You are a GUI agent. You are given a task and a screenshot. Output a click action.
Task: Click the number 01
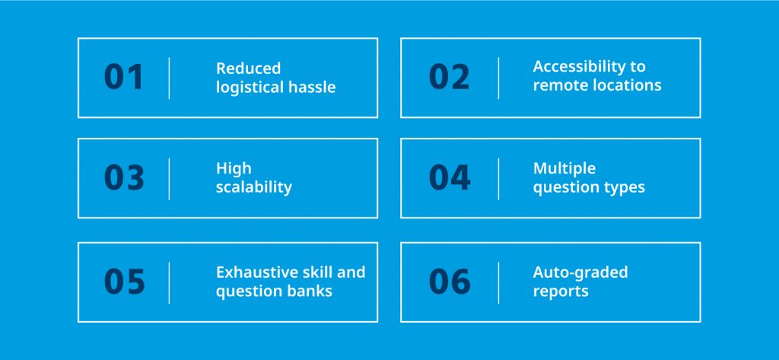pyautogui.click(x=124, y=78)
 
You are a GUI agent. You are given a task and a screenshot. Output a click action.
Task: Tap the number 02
pyautogui.click(x=449, y=78)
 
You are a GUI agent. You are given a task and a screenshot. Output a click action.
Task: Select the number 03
pyautogui.click(x=124, y=177)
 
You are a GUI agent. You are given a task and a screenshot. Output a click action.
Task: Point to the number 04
pyautogui.click(x=449, y=177)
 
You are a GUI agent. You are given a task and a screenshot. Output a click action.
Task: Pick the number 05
pyautogui.click(x=124, y=282)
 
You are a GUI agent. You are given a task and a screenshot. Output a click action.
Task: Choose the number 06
pyautogui.click(x=449, y=282)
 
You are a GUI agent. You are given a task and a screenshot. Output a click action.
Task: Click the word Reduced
pyautogui.click(x=248, y=68)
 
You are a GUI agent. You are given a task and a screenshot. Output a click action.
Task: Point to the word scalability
pyautogui.click(x=253, y=187)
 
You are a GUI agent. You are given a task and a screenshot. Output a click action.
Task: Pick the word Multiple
pyautogui.click(x=564, y=168)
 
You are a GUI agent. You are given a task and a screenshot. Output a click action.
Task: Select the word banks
pyautogui.click(x=307, y=291)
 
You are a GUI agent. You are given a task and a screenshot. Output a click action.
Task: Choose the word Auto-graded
pyautogui.click(x=580, y=272)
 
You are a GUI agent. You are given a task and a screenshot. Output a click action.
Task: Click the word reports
pyautogui.click(x=560, y=291)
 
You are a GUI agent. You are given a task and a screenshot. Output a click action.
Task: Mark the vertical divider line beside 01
pyautogui.click(x=169, y=78)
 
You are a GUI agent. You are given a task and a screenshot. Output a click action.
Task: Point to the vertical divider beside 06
pyautogui.click(x=498, y=282)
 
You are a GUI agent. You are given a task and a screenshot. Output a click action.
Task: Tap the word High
pyautogui.click(x=233, y=168)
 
